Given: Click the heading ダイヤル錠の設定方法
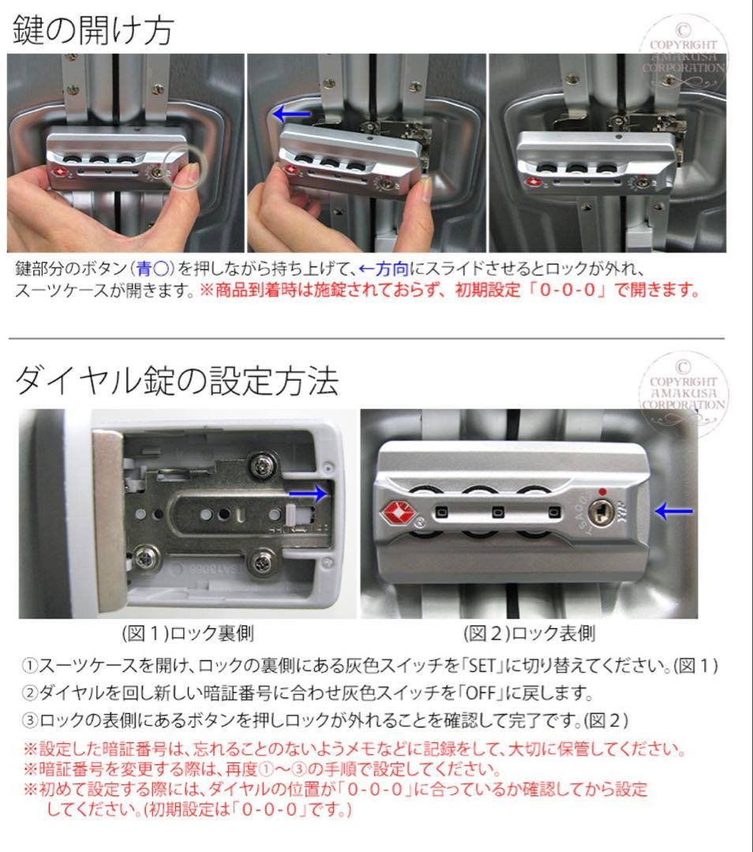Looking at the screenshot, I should pyautogui.click(x=178, y=382).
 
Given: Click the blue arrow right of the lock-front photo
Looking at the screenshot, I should pyautogui.click(x=675, y=512).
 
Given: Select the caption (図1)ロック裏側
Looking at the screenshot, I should pyautogui.click(x=187, y=633).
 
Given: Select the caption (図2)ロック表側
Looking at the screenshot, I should pyautogui.click(x=528, y=633).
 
